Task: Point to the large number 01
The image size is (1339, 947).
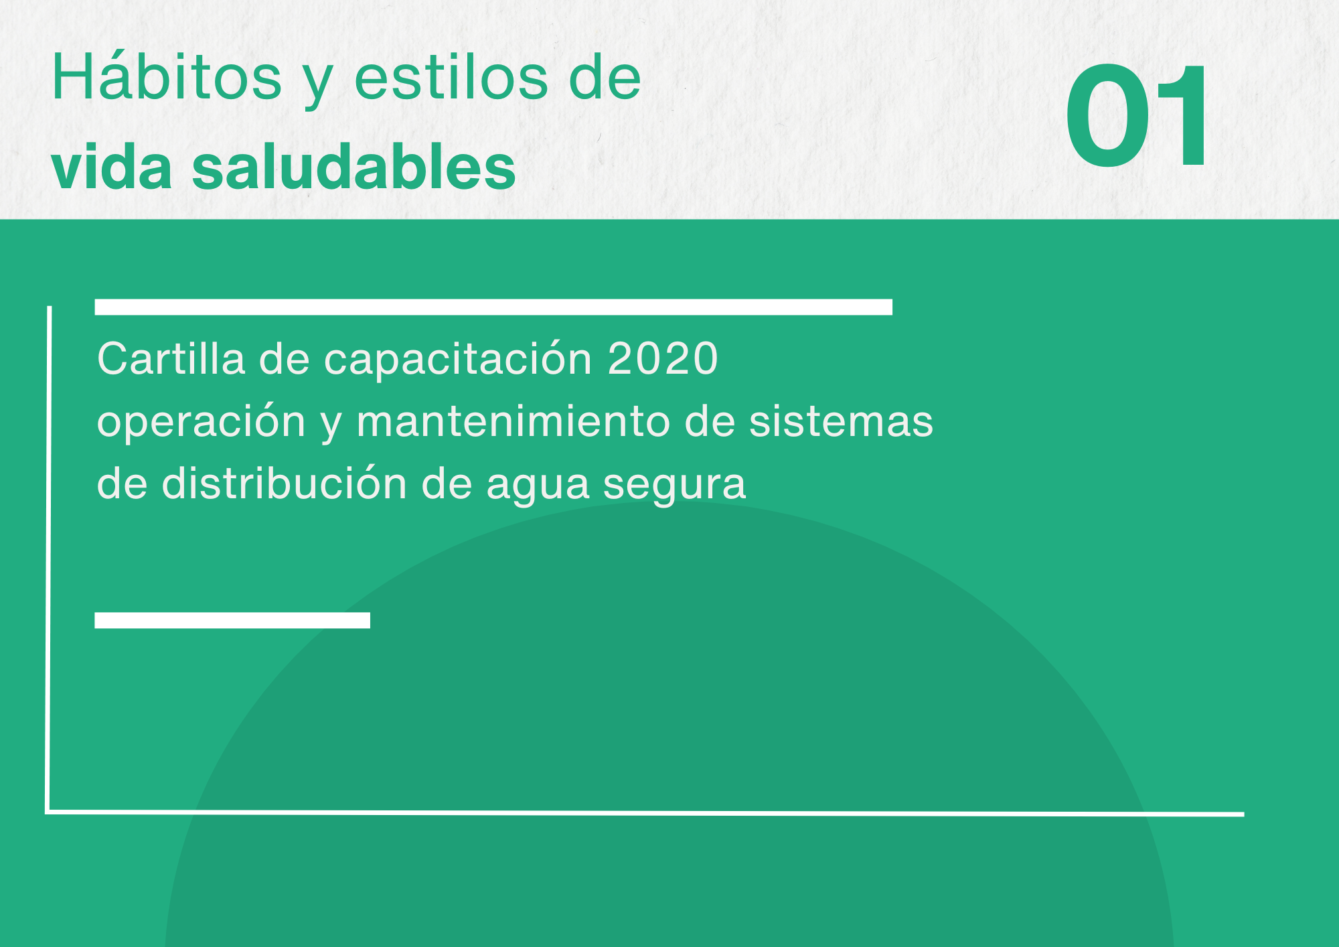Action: pos(1137,115)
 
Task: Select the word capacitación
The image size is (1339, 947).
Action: pos(458,360)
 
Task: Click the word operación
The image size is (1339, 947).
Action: pos(202,422)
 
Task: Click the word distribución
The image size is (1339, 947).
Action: pos(285,482)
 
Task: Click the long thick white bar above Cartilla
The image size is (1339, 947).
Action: pos(493,307)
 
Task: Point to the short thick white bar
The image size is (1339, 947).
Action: pos(232,620)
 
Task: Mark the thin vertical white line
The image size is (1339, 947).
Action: pos(48,560)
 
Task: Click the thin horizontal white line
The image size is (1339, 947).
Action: pos(645,813)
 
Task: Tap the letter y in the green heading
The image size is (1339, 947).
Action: pos(318,84)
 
